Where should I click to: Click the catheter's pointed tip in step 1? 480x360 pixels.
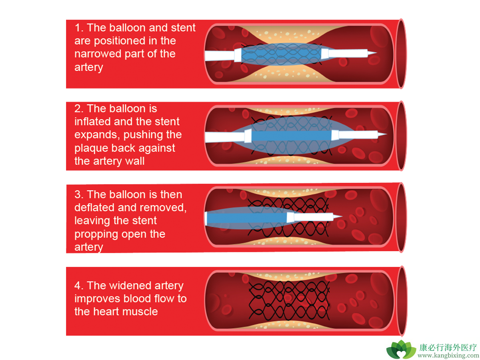click(376, 52)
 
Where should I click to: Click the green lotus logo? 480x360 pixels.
click(401, 349)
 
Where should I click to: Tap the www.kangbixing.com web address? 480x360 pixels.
click(448, 356)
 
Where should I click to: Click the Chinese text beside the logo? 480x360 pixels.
click(448, 348)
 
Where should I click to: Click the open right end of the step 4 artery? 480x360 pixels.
click(402, 301)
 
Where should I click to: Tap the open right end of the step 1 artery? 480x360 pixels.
click(402, 54)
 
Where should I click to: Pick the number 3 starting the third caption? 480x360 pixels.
click(78, 194)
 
